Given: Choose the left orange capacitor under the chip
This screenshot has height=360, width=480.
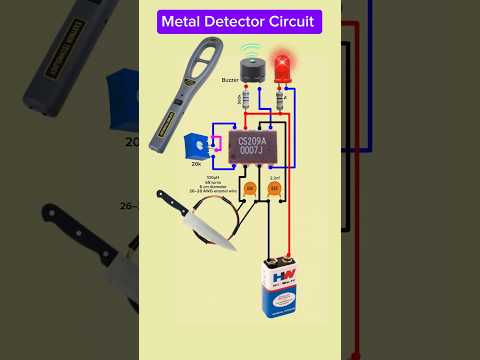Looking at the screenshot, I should [250, 188].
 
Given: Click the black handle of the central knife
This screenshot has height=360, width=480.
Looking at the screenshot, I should [171, 203].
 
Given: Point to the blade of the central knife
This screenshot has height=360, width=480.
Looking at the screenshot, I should [211, 229].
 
